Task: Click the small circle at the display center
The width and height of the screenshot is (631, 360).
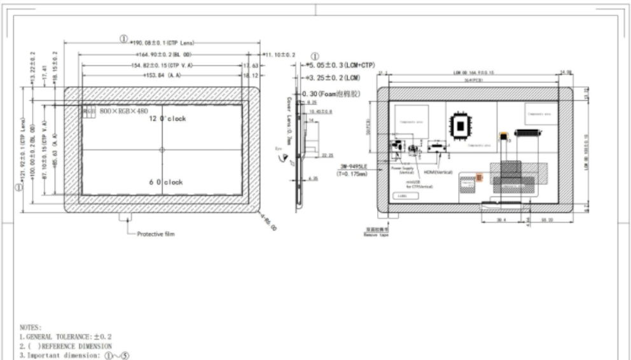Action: (x=162, y=150)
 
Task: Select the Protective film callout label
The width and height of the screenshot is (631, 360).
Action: (x=156, y=234)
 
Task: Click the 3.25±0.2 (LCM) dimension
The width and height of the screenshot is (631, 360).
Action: (x=334, y=78)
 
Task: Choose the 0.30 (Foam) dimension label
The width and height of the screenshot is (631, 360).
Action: (x=340, y=93)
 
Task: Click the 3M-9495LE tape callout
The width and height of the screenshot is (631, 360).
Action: (x=353, y=169)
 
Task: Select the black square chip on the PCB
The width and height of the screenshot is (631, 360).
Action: (x=459, y=124)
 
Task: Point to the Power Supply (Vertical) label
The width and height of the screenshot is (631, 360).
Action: (x=406, y=170)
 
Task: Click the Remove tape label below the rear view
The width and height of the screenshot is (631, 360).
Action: (x=376, y=233)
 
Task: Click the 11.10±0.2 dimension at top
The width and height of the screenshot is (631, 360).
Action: (x=279, y=55)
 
